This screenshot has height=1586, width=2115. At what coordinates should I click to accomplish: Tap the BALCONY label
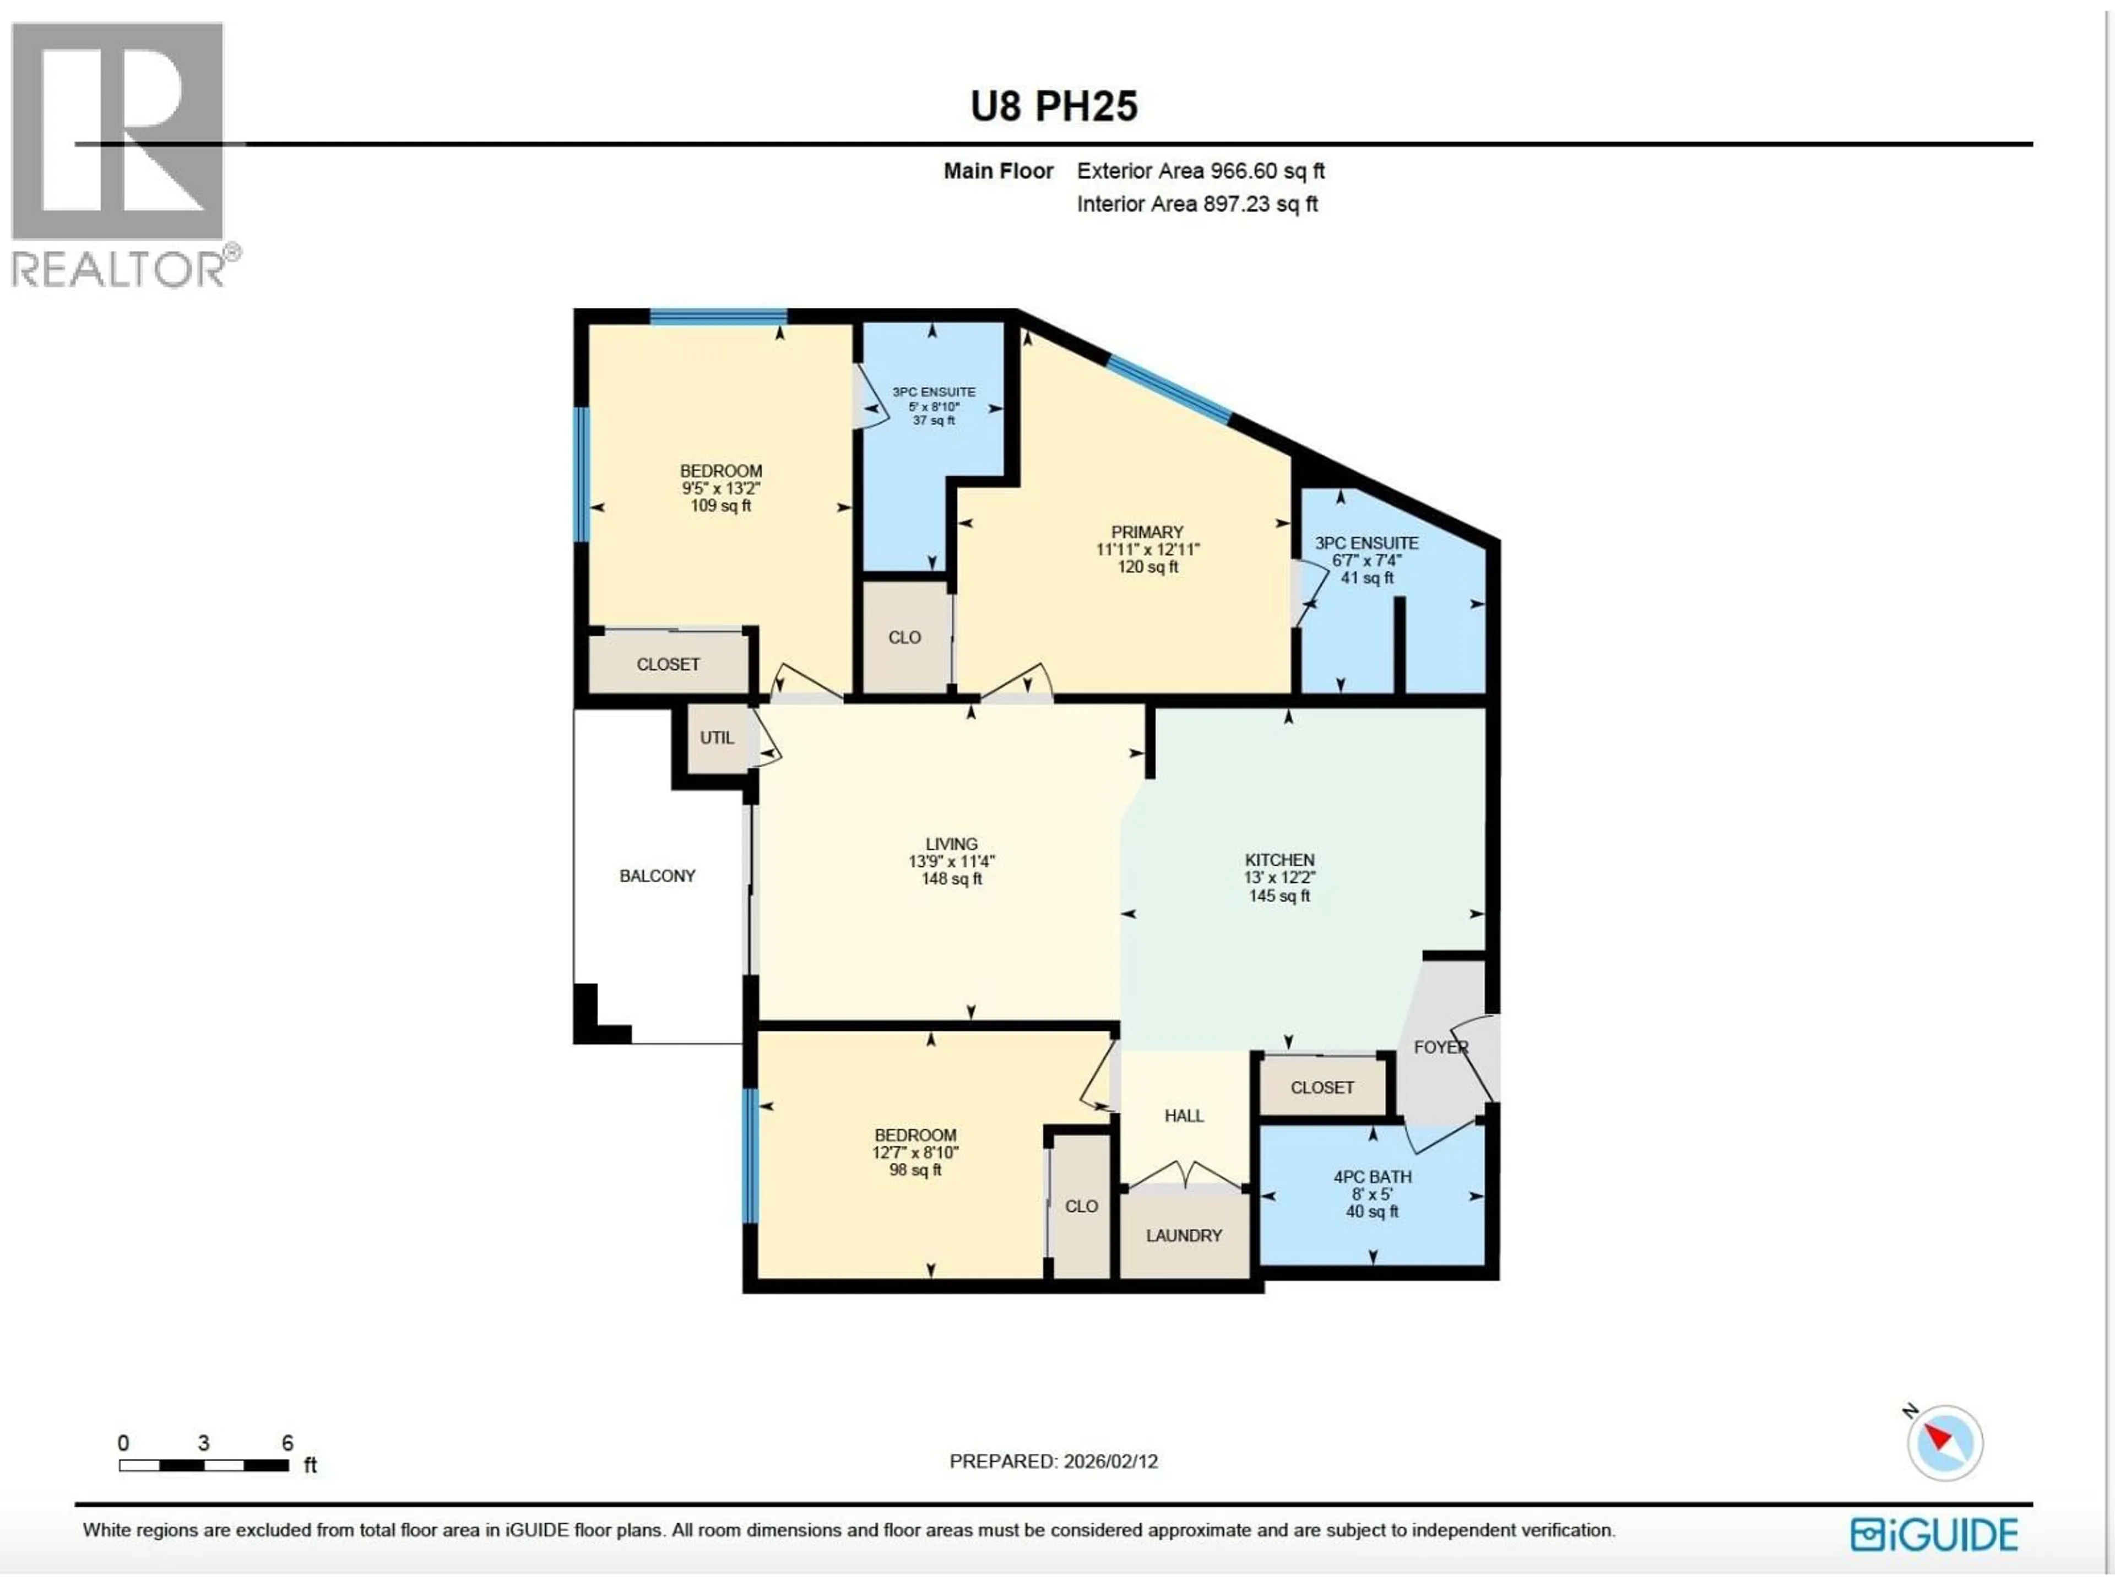tap(657, 876)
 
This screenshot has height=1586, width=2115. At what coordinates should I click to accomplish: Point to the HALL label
tap(1184, 1116)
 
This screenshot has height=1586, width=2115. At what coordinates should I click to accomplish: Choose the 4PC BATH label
tap(1372, 1177)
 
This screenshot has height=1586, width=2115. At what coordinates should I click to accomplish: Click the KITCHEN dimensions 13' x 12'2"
tap(1279, 878)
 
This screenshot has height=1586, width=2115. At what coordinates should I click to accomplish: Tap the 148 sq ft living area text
tap(951, 878)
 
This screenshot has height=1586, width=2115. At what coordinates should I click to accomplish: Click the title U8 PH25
tap(1054, 106)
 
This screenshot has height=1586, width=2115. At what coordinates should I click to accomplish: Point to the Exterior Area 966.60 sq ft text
tap(1200, 171)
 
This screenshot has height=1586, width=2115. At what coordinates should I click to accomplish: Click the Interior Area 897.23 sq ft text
tap(1197, 204)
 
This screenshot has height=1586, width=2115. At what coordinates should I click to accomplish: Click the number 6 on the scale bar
tap(287, 1443)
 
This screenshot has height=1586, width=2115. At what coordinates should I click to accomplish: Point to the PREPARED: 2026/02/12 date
tap(1053, 1461)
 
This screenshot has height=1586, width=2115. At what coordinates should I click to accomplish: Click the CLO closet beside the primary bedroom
tap(904, 638)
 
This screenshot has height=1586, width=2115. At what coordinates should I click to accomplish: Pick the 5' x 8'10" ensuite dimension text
tap(933, 406)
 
